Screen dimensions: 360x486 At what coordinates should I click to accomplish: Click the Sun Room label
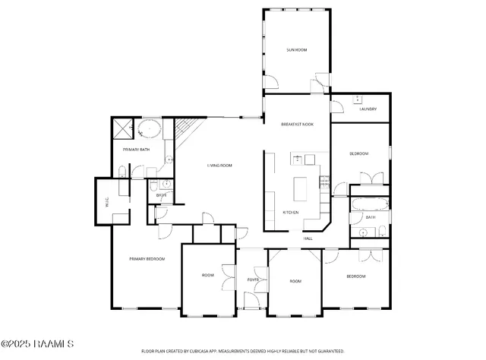coord(296,49)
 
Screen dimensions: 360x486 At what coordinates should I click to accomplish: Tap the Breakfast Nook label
coord(297,124)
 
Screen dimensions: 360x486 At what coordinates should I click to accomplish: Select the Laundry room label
coord(368,109)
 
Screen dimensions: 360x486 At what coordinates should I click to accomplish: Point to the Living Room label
coord(219,166)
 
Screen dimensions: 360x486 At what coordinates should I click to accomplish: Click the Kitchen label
coord(290,212)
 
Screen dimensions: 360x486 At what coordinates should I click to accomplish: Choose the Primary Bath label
coord(136,150)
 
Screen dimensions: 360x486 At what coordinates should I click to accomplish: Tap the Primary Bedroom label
coord(147,259)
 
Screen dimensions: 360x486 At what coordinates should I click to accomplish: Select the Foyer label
coord(254,279)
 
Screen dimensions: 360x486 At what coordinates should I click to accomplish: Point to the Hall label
coord(308,238)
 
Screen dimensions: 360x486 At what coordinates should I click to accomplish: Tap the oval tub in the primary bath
coord(150,128)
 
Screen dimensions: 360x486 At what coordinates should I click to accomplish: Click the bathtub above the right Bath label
coord(369,204)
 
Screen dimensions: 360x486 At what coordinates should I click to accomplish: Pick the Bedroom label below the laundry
coord(358,154)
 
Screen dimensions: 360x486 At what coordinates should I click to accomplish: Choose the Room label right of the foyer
coord(295,282)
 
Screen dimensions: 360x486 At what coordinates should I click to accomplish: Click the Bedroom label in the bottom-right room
coord(356,276)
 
